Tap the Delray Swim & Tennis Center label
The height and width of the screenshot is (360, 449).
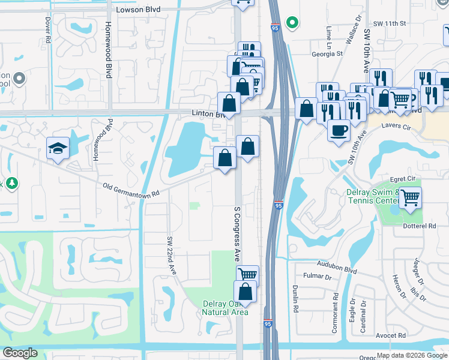(x=372, y=196)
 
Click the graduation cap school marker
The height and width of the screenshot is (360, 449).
(x=58, y=148)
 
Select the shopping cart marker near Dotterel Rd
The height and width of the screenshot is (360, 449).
(x=410, y=196)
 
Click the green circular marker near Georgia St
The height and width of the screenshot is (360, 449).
(x=292, y=23)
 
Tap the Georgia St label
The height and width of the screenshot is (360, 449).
(x=327, y=53)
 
